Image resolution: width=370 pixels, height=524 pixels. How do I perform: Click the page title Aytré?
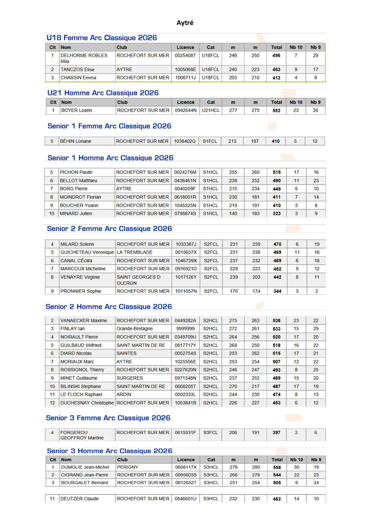185,22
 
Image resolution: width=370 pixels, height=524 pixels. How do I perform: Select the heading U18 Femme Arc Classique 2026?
102,38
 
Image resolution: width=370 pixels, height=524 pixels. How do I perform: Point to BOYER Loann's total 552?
277,110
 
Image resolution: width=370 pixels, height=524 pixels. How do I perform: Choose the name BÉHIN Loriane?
76,141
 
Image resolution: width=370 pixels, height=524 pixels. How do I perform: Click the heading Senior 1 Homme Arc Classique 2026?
111,158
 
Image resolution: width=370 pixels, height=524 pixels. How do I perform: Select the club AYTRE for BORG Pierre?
124,189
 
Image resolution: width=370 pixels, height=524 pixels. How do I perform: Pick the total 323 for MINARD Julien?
277,214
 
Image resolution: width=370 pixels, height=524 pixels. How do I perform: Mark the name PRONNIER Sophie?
81,291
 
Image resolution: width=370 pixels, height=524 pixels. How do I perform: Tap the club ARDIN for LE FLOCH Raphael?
124,394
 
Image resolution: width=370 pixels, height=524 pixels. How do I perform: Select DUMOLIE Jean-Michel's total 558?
277,467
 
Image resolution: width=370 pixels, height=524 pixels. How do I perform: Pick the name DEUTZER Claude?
80,499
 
